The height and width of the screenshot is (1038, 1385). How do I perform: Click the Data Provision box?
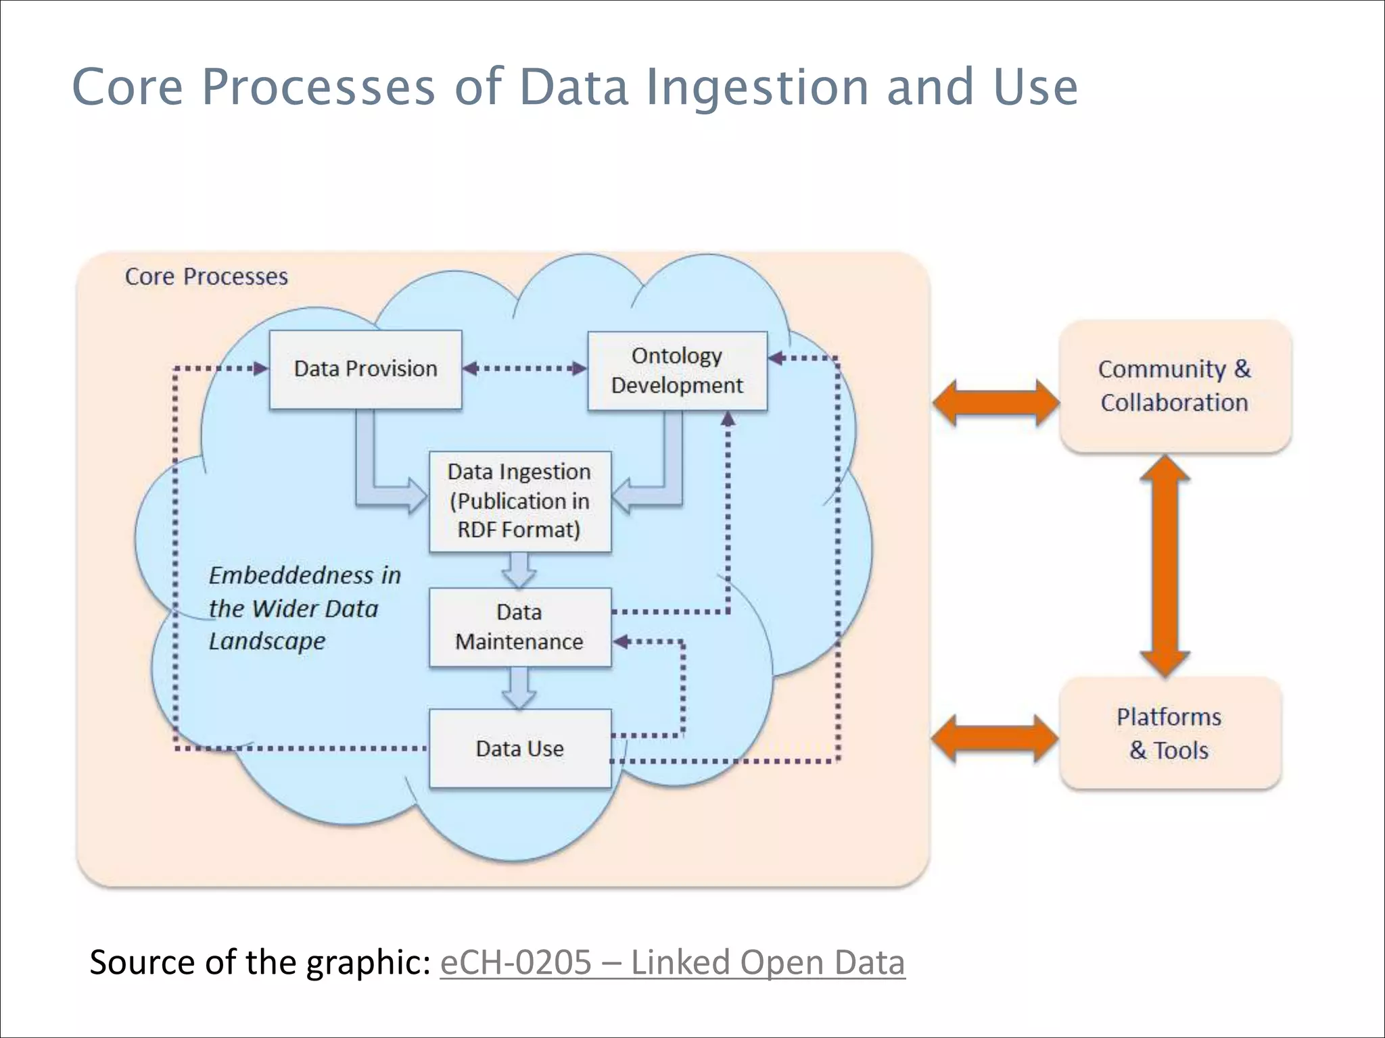coord(365,369)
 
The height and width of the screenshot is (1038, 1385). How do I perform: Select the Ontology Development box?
coord(677,370)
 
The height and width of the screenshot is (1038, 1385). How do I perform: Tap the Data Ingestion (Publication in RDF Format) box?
coord(519,501)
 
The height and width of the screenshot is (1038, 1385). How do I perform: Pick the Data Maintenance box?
coord(519,627)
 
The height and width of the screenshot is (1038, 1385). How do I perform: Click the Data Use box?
coord(519,748)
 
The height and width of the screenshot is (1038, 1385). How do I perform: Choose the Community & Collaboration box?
coord(1175,386)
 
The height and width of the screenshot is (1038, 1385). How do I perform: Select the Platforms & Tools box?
coord(1169,733)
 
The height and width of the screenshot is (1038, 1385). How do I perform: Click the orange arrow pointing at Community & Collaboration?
coord(995,403)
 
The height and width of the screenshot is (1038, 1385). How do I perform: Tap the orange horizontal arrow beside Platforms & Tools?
coord(994,739)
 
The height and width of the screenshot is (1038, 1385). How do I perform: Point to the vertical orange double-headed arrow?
coord(1165,566)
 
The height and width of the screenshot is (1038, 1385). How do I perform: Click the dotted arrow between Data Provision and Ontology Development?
coord(525,368)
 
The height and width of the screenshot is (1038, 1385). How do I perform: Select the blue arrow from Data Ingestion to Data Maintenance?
coord(519,570)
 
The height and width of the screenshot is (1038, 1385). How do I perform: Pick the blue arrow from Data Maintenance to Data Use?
coord(519,688)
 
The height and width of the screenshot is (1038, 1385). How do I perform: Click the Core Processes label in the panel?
coord(206,276)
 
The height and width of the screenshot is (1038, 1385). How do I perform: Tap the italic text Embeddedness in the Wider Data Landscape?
coord(304,608)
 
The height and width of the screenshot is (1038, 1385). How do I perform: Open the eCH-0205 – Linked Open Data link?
coord(672,962)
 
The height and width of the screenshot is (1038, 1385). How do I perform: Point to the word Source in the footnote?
coord(142,962)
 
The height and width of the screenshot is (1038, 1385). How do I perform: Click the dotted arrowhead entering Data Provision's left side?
coord(260,368)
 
